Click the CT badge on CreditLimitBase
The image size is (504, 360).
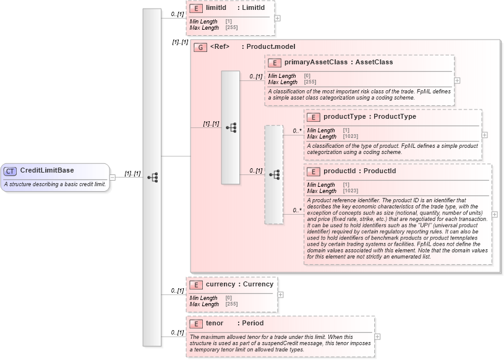pyautogui.click(x=11, y=171)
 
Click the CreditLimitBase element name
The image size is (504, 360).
pyautogui.click(x=47, y=171)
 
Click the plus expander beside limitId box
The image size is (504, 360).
pyautogui.click(x=277, y=18)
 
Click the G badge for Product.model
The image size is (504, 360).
pyautogui.click(x=200, y=47)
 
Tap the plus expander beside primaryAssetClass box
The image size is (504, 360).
pyautogui.click(x=457, y=80)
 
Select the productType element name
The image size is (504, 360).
pyautogui.click(x=344, y=117)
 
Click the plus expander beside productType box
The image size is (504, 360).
pyautogui.click(x=484, y=135)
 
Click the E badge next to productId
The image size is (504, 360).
pyautogui.click(x=314, y=171)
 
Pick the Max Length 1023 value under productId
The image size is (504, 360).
pyautogui.click(x=350, y=191)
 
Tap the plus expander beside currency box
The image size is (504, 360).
pyautogui.click(x=280, y=294)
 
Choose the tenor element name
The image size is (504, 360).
pyautogui.click(x=215, y=324)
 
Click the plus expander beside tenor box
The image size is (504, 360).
pyautogui.click(x=377, y=337)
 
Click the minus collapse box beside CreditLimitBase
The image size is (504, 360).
pyautogui.click(x=113, y=178)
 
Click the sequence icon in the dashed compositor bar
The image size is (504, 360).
pyautogui.click(x=273, y=175)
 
